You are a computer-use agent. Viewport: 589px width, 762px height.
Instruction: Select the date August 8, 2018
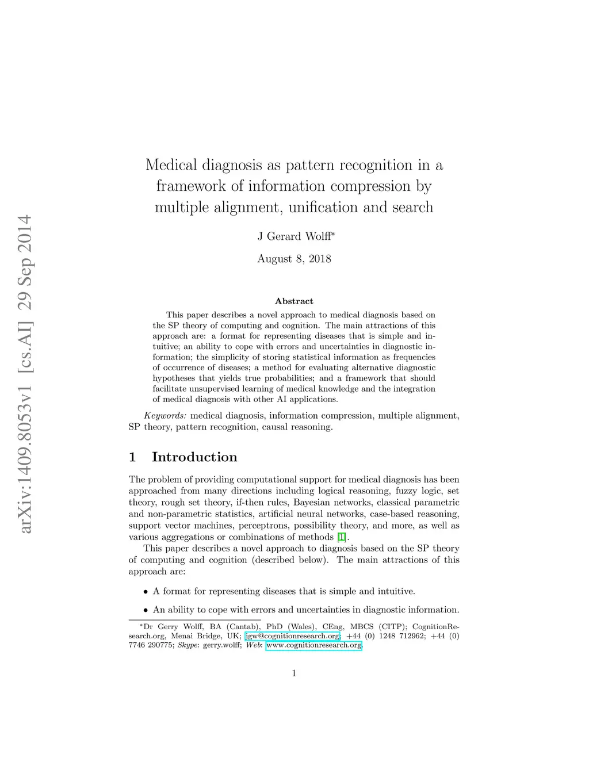[294, 259]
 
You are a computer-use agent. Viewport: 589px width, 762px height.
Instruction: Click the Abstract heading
[294, 301]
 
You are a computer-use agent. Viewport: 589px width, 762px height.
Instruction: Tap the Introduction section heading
[194, 457]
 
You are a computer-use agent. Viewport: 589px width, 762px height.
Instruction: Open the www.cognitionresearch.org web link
[313, 645]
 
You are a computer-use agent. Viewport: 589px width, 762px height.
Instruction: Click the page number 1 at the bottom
[294, 673]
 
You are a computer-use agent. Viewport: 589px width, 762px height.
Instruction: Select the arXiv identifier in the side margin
[25, 374]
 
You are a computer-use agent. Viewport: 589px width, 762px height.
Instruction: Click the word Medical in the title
[171, 165]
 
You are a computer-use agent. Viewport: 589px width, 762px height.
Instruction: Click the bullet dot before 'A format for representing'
[146, 592]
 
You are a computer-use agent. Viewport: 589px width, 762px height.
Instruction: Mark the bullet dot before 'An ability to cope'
[146, 610]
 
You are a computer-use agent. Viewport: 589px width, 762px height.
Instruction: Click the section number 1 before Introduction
[132, 457]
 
